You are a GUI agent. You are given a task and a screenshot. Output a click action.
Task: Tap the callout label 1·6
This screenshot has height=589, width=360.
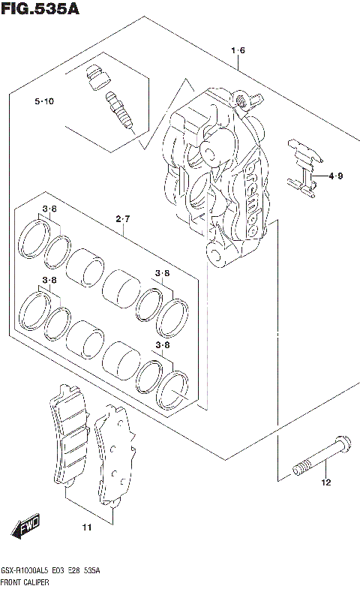[238, 51]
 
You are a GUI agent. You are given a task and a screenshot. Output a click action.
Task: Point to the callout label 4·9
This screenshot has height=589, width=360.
[335, 177]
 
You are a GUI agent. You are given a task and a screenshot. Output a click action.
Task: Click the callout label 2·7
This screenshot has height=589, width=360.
[123, 218]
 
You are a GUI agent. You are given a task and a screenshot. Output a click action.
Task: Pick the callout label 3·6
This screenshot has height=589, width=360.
[49, 209]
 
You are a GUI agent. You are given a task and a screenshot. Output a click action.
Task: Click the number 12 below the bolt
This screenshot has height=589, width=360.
[325, 482]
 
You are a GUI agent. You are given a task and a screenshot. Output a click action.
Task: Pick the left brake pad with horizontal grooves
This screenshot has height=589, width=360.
[70, 437]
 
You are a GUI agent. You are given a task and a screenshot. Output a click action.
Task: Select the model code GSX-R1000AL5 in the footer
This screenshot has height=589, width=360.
[29, 572]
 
